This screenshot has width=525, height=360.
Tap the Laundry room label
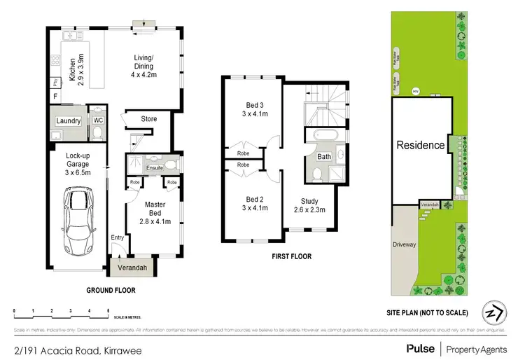pyautogui.click(x=69, y=121)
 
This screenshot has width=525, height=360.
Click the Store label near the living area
pyautogui.click(x=148, y=119)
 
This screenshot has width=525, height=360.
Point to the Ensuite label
pyautogui.click(x=155, y=168)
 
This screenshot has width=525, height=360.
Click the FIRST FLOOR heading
pyautogui.click(x=291, y=257)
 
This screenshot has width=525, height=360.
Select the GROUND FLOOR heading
pyautogui.click(x=111, y=290)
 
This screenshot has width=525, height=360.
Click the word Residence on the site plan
pyautogui.click(x=421, y=146)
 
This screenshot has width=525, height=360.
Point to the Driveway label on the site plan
pyautogui.click(x=404, y=245)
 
